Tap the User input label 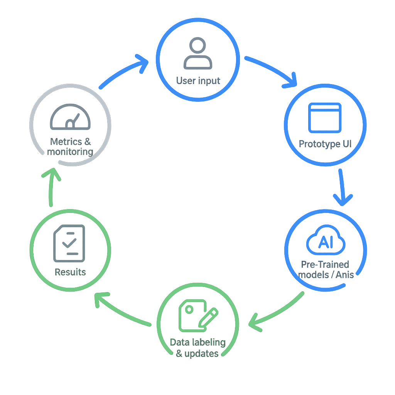[198, 81]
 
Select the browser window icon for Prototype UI [325, 118]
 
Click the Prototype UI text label [325, 144]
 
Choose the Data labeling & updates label [197, 348]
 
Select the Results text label [70, 272]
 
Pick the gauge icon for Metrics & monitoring [70, 117]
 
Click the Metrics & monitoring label [70, 147]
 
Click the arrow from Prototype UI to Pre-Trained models [342, 187]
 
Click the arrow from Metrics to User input [123, 71]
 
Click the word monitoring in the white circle [70, 152]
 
